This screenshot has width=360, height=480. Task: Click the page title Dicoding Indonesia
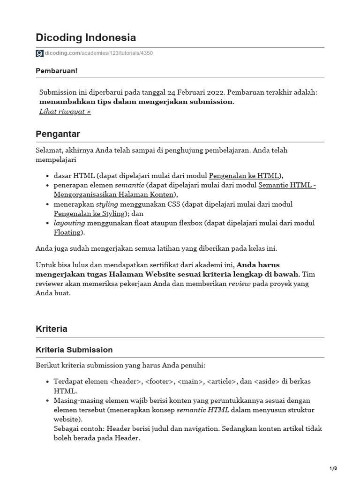86,37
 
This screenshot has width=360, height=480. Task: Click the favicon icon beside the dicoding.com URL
39,53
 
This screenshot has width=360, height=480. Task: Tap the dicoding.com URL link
99,53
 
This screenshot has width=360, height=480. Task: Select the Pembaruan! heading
57,70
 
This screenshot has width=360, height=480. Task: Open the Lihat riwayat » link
65,112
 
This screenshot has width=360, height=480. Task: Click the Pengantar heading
58,134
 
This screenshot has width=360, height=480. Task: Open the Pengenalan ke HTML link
244,176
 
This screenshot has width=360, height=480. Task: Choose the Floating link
67,232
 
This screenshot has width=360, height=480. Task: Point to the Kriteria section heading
52,329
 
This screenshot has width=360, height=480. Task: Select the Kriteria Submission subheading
74,350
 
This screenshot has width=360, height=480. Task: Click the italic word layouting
67,223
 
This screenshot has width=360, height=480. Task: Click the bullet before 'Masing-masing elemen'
49,401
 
